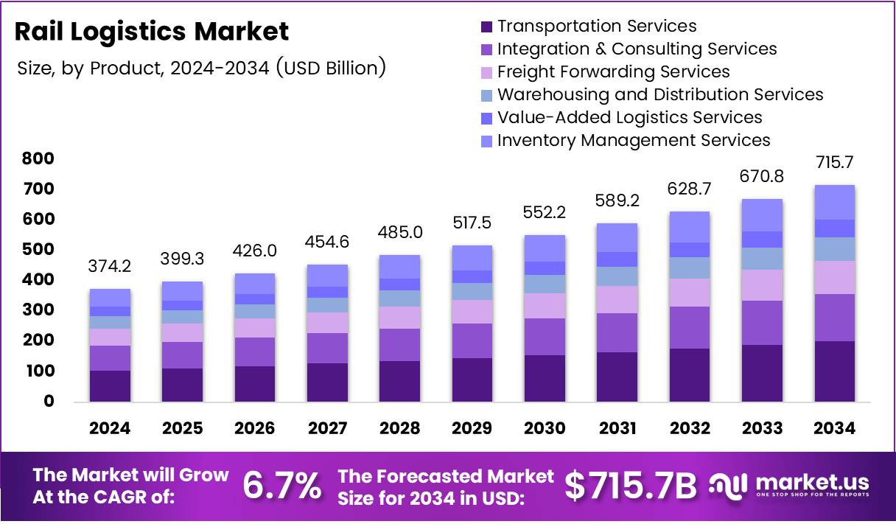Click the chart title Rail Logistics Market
point(152,32)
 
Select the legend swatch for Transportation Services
point(486,27)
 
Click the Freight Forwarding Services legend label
point(613,72)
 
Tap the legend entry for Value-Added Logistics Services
point(629,118)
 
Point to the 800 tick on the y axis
point(38,158)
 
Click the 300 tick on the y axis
point(38,310)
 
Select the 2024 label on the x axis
point(110,429)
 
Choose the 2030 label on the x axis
point(545,429)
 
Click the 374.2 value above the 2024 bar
point(111,265)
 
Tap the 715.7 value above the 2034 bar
point(834,162)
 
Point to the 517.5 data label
point(472,223)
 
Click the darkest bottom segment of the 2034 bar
point(834,371)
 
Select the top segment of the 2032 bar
point(689,227)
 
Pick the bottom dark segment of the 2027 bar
point(327,382)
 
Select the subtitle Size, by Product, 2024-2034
point(200,69)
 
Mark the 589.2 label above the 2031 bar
point(617,200)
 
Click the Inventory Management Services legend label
point(633,141)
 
